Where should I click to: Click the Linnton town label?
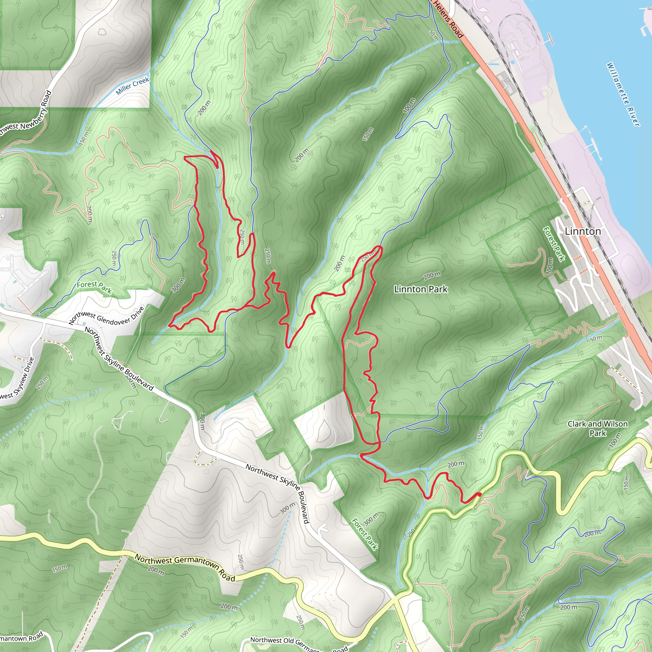(583, 231)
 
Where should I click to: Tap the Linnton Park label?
(421, 289)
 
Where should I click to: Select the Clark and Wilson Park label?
(597, 428)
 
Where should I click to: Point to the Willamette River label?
(623, 95)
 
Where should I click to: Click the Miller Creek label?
(132, 86)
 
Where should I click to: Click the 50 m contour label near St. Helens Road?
(434, 35)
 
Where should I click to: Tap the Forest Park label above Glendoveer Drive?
(94, 287)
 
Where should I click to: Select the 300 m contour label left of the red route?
(178, 285)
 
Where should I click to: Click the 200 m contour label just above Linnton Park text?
(432, 275)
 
